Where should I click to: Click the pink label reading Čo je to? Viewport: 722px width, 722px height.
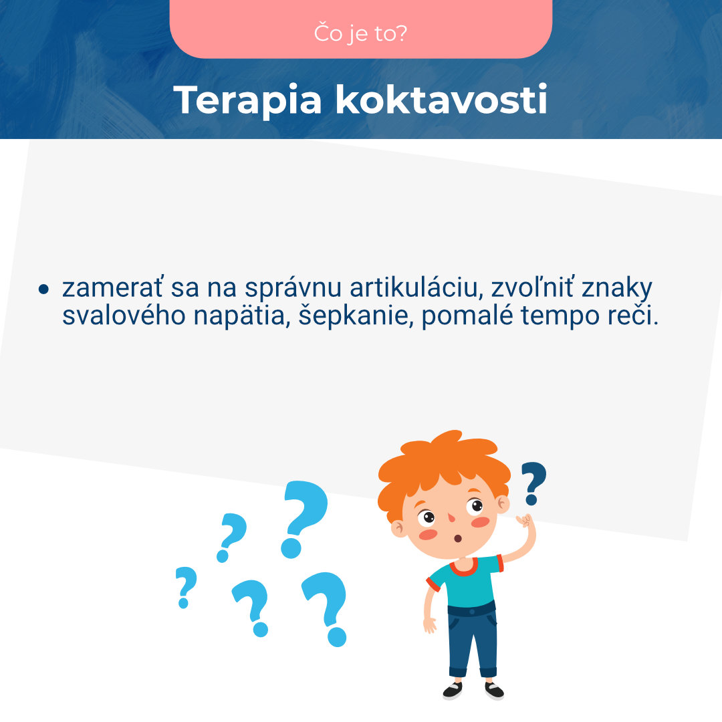point(361,33)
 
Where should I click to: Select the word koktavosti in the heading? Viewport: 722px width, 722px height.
point(441,100)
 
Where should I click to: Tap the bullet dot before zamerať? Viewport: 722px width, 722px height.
point(44,289)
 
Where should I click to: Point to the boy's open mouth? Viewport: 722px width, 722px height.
point(458,538)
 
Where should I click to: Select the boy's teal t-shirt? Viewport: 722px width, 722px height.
point(468,582)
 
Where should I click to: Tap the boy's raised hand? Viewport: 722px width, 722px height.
point(526,521)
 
